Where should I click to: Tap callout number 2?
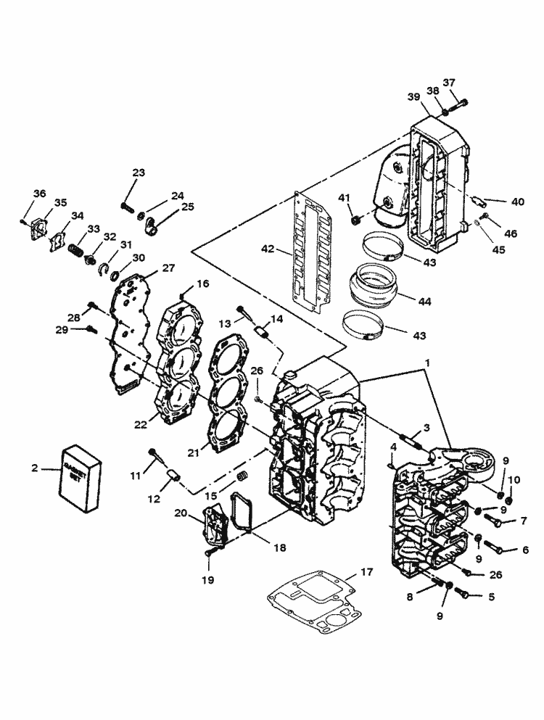coord(34,468)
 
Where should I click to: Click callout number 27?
coord(168,268)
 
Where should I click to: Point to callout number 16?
coord(202,284)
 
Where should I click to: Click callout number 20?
coord(180,512)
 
